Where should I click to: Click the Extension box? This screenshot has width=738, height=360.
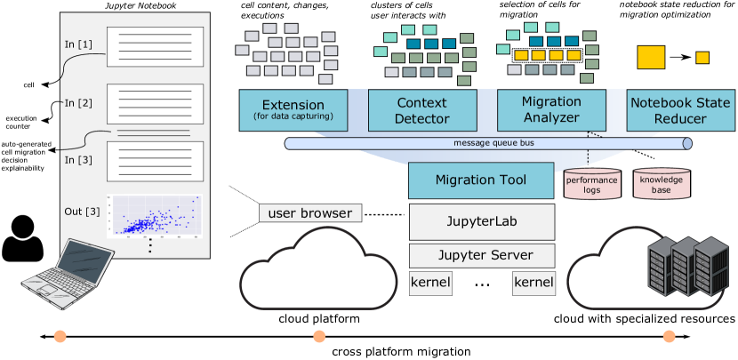tap(293, 110)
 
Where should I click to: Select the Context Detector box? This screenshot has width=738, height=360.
tap(421, 110)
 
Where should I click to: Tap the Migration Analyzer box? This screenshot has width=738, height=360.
tap(551, 110)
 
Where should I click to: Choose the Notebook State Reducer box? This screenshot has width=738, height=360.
tap(680, 110)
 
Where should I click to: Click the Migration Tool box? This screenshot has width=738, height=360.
tap(481, 180)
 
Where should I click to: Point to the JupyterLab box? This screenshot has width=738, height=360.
tap(481, 221)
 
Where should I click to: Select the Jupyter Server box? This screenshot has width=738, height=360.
tap(481, 256)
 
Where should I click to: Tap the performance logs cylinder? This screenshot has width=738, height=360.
tap(591, 185)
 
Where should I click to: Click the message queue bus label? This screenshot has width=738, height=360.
tap(487, 143)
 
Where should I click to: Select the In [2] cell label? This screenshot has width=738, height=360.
tap(77, 103)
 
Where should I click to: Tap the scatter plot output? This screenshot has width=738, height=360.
tap(154, 216)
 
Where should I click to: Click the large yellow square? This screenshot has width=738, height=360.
tap(652, 56)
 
